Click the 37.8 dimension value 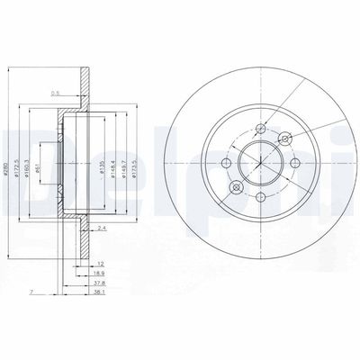click(106, 284)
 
